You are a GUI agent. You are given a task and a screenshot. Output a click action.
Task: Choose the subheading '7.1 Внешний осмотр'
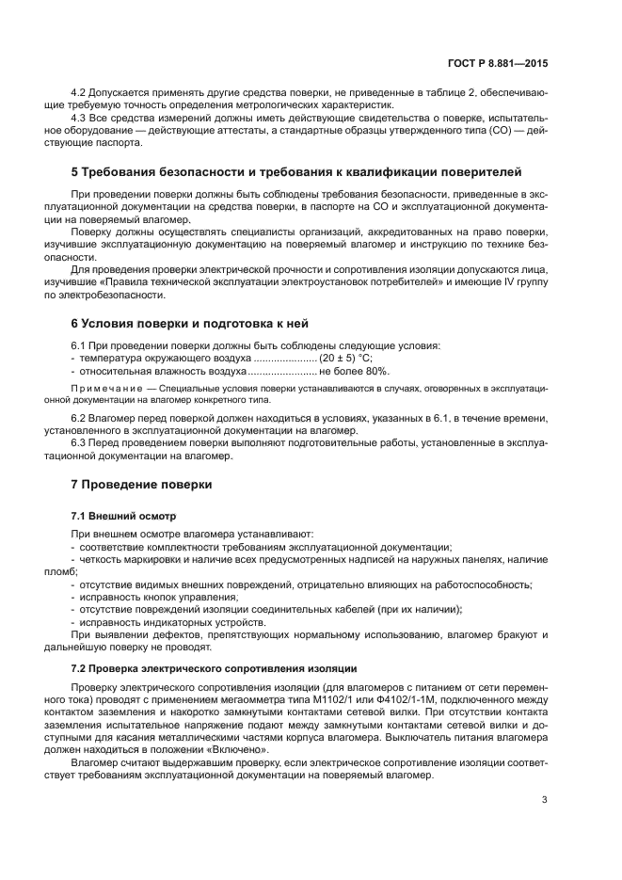(122, 517)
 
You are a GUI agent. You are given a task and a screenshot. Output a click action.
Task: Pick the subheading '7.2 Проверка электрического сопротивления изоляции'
(214, 668)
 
